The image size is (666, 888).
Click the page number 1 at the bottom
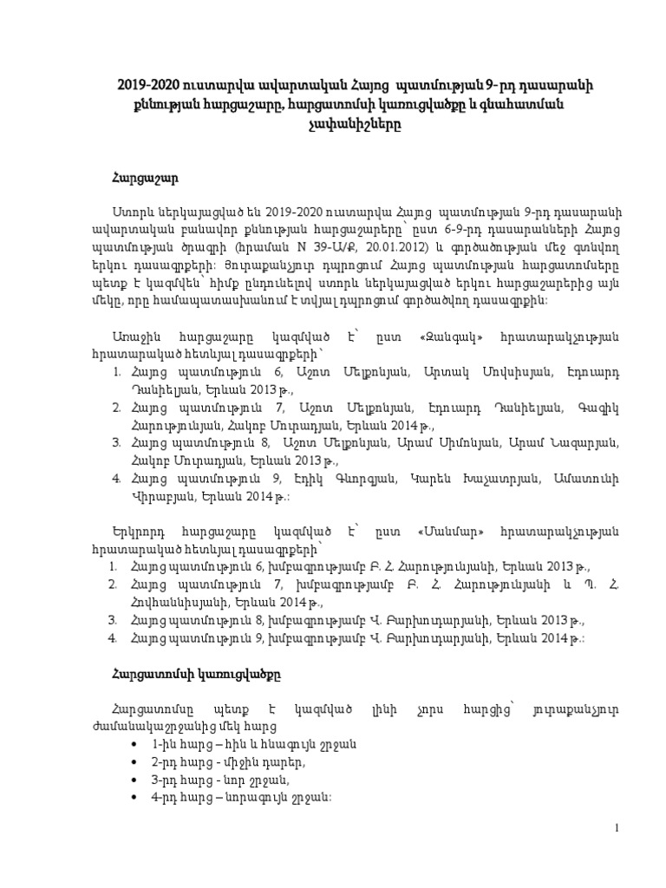(x=617, y=829)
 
